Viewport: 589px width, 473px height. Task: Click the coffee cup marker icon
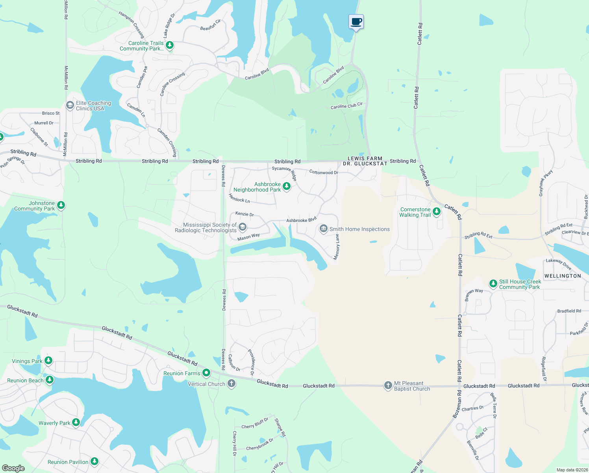pos(356,22)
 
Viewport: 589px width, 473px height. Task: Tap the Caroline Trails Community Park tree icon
pos(170,45)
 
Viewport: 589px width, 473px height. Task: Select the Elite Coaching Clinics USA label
pos(93,106)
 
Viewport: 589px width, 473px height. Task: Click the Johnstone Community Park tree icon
pos(61,205)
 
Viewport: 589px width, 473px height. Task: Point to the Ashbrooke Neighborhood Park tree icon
pos(287,186)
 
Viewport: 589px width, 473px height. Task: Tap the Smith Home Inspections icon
pos(324,229)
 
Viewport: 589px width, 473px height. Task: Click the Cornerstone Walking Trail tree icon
pos(436,212)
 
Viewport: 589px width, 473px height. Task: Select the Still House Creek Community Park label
pos(520,284)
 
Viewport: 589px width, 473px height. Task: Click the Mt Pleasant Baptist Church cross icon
pos(388,385)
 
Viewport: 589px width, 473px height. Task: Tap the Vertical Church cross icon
pos(232,384)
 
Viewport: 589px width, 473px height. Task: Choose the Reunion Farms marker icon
pos(206,373)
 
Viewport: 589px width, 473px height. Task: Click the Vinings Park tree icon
pos(48,361)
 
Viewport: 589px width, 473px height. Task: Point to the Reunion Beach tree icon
pos(50,380)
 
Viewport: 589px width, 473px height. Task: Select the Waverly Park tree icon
pos(76,423)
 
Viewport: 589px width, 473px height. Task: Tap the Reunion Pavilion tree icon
pos(94,462)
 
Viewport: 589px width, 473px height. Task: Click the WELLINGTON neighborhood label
pos(563,276)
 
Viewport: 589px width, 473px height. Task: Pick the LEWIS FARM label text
pos(365,158)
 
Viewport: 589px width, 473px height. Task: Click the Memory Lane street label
pos(337,247)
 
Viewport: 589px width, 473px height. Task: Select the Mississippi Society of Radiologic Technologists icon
pos(243,227)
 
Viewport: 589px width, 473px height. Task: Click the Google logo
pos(13,468)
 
